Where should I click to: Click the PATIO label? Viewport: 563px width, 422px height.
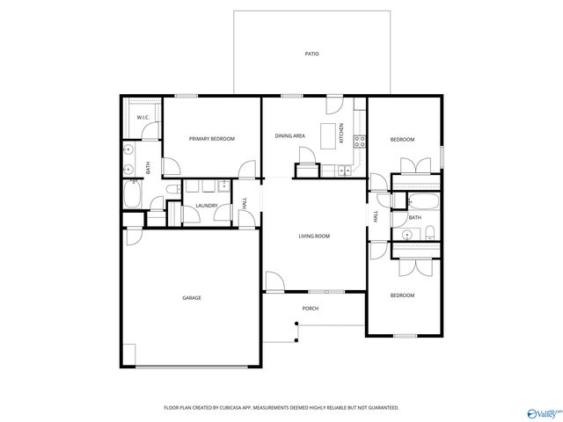coord(311,54)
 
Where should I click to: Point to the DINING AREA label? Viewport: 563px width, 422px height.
coord(289,135)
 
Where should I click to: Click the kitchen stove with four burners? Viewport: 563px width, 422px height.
coord(359,140)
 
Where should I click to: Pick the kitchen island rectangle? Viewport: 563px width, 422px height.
coord(332,136)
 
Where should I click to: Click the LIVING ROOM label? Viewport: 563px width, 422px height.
coord(314,236)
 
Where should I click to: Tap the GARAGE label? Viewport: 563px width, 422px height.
coord(192,298)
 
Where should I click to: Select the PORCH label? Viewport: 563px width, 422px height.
coord(310,309)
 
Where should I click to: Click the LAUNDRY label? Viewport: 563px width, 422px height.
coord(207,206)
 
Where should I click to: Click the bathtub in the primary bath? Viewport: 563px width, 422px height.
coord(132,195)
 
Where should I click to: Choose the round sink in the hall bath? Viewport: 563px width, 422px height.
coord(407,234)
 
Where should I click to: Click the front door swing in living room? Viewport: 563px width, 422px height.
coord(274,282)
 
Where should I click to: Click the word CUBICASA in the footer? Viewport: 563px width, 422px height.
coord(230,408)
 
